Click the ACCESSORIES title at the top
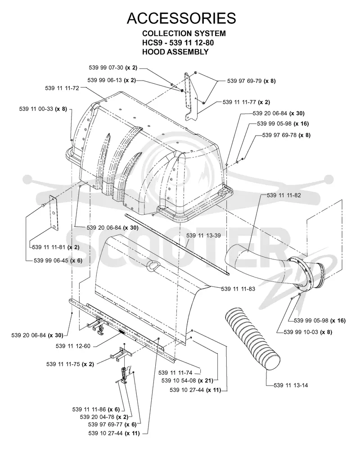coord(181,18)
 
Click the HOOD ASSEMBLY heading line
coord(175,52)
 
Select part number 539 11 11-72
coord(62,88)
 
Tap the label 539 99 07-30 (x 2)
coord(113,68)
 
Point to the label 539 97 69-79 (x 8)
coord(252,81)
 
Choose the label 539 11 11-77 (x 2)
coord(246,102)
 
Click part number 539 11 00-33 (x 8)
coord(43,109)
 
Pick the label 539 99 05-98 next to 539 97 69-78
coord(283,123)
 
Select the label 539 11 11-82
coord(284,195)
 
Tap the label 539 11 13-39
coord(203,236)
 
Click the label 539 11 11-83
coord(238,289)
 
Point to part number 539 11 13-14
coord(291,385)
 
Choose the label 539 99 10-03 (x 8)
coord(308,332)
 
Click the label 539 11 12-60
coord(73,346)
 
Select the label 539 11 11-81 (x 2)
coord(56,247)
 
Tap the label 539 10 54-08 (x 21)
coord(188,381)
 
